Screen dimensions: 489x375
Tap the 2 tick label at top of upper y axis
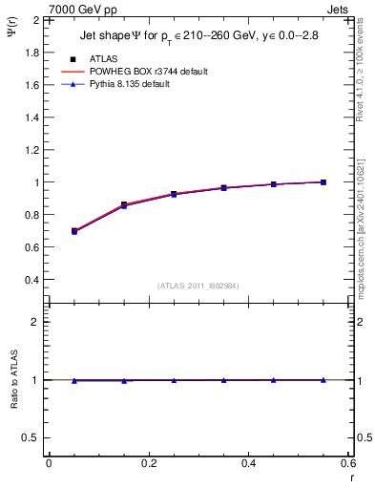click(x=33, y=19)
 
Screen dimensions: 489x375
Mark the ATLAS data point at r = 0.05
click(x=74, y=231)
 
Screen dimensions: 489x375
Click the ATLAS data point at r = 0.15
click(x=124, y=204)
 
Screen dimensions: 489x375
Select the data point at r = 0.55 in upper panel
click(x=323, y=181)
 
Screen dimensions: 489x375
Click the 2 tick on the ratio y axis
click(x=33, y=322)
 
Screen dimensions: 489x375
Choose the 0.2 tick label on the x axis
click(x=148, y=463)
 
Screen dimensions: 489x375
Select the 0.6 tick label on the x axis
click(x=348, y=463)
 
